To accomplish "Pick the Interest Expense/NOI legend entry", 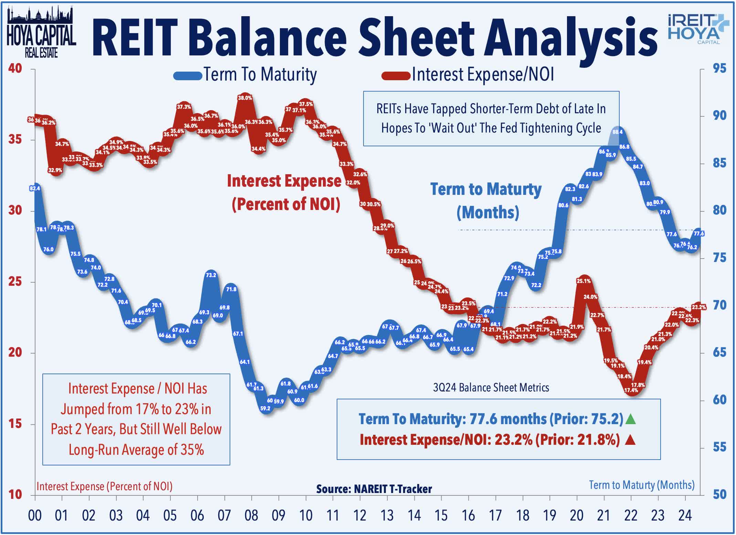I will pyautogui.click(x=468, y=75).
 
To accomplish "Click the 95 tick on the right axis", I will pyautogui.click(x=719, y=69).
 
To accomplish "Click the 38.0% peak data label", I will pyautogui.click(x=245, y=98).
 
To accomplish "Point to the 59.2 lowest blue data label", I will pyautogui.click(x=265, y=408).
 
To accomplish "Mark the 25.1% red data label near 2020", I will pyautogui.click(x=583, y=281).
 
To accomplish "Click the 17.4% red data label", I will pyautogui.click(x=631, y=390).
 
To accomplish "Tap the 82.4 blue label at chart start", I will pyautogui.click(x=35, y=188).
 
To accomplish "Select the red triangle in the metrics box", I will pyautogui.click(x=630, y=440).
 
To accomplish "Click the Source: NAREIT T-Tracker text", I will pyautogui.click(x=374, y=489).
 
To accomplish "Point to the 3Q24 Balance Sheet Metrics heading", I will pyautogui.click(x=491, y=388).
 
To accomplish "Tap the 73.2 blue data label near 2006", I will pyautogui.click(x=211, y=275).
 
